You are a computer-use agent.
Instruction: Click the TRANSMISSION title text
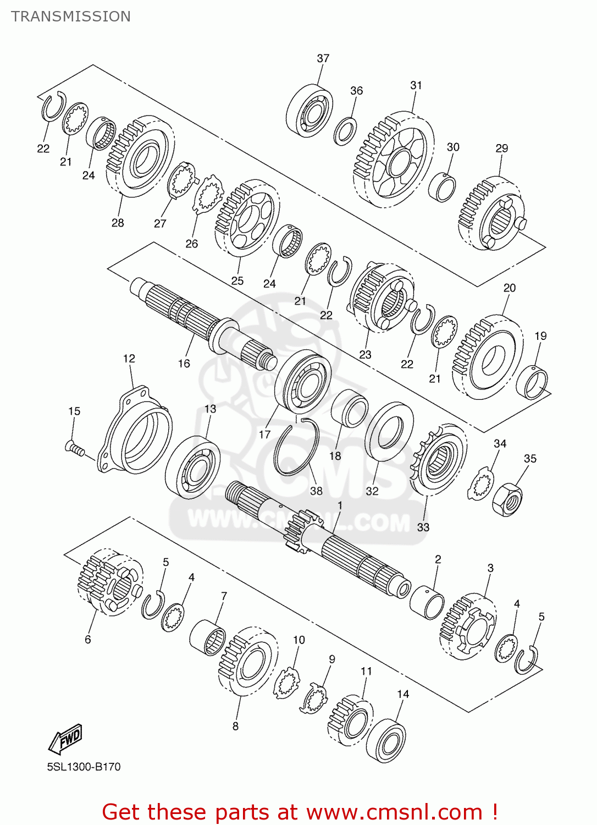[71, 16]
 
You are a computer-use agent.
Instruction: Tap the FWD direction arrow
[65, 739]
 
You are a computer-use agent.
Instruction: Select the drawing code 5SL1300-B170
[84, 767]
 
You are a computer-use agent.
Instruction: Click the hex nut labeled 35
[507, 499]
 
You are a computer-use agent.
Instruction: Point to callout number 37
[323, 58]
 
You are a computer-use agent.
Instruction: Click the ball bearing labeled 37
[309, 111]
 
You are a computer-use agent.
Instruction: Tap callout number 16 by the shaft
[184, 364]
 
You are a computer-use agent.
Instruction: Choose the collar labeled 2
[427, 602]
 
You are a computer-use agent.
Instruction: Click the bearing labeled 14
[386, 740]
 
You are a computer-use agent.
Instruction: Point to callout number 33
[423, 527]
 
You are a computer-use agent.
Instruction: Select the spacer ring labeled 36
[345, 131]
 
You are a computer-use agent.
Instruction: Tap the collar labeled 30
[442, 187]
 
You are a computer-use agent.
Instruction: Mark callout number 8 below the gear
[235, 726]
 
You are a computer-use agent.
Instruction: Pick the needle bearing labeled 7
[208, 637]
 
